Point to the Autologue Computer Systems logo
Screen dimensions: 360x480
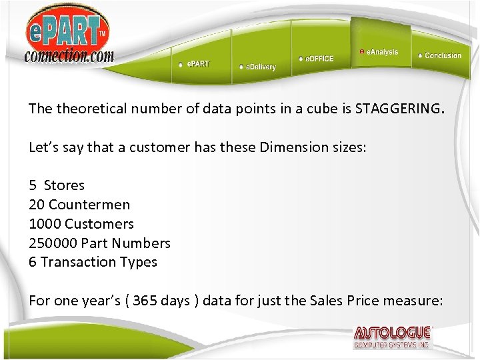(393, 337)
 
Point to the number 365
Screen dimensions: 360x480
(145, 301)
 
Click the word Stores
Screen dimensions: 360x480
(64, 185)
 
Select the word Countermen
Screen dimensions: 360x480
(89, 205)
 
